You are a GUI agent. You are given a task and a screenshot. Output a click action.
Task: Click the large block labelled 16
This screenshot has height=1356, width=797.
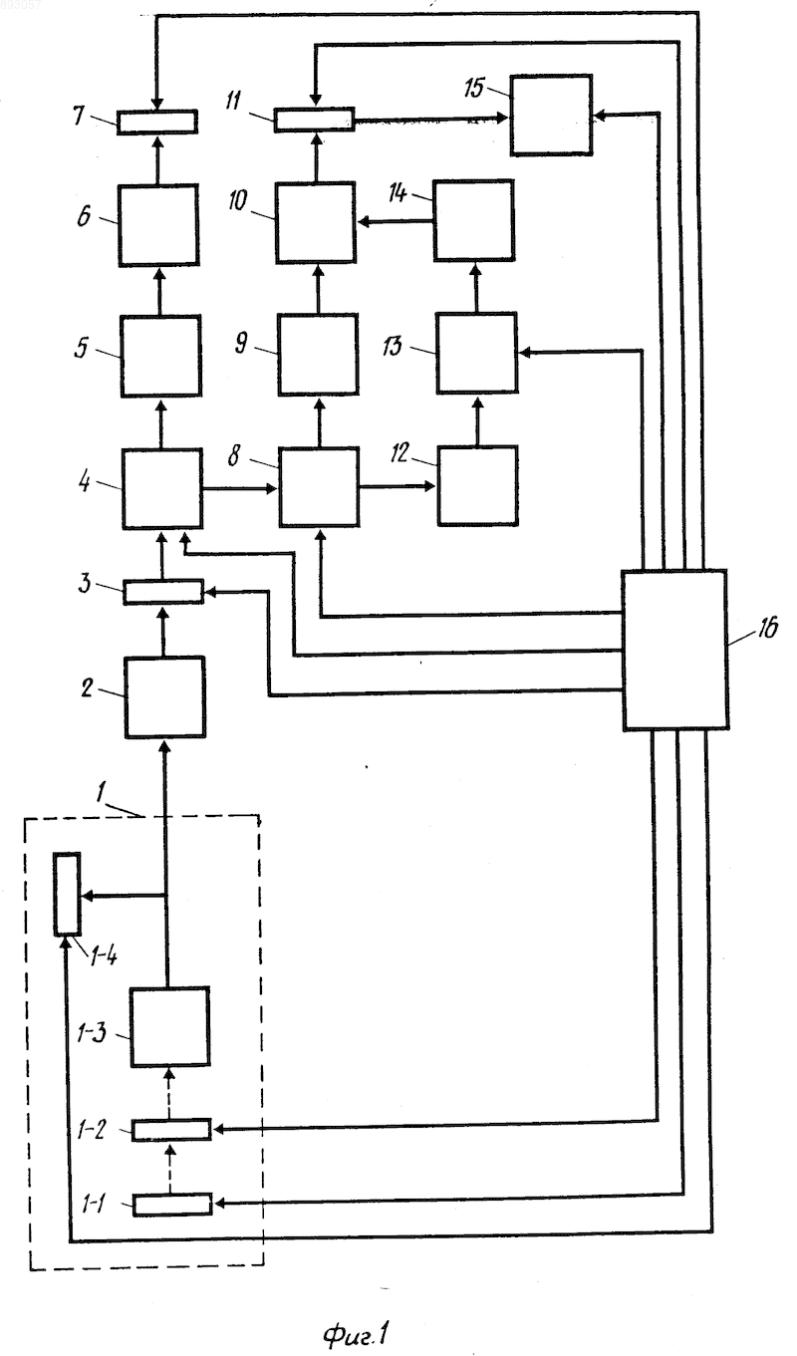coord(674,650)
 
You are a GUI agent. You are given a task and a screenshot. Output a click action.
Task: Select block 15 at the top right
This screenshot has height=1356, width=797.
coord(551,115)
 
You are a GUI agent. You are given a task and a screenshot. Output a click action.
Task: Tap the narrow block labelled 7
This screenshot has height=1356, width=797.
coord(156,122)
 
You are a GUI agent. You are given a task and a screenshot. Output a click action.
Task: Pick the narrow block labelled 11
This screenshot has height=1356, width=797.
coord(314,120)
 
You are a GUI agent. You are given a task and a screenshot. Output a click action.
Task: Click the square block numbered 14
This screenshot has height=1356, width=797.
coord(474,220)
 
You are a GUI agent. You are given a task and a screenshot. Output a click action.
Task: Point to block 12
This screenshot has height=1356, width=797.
coord(477,486)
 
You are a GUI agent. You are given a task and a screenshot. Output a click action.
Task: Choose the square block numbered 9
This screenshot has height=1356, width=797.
coord(318,355)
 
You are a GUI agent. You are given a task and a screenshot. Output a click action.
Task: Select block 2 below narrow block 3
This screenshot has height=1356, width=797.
coord(164,698)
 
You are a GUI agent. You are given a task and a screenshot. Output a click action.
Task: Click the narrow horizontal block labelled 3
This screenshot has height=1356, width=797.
coord(163,592)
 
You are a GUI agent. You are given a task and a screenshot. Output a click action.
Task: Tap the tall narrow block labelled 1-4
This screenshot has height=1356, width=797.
coord(67,894)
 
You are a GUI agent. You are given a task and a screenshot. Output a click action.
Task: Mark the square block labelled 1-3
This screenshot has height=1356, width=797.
coord(170,1026)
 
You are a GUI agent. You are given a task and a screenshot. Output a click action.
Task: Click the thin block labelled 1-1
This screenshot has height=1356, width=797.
coord(172,1204)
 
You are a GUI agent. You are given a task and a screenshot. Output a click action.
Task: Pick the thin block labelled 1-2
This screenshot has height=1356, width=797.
coord(172,1130)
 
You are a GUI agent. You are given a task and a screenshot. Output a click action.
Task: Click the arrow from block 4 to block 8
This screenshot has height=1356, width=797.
coord(240,488)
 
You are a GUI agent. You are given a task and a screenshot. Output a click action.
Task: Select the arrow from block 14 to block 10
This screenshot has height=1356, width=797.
coord(396,223)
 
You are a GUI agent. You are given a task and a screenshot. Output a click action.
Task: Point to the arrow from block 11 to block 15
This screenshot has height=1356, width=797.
coord(430,120)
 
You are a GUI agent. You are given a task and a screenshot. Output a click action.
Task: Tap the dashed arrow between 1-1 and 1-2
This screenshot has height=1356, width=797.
coord(172,1168)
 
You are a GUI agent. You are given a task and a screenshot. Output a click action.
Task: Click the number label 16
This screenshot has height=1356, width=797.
coord(767,629)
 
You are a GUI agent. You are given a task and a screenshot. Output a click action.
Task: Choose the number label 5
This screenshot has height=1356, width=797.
coord(81,349)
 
